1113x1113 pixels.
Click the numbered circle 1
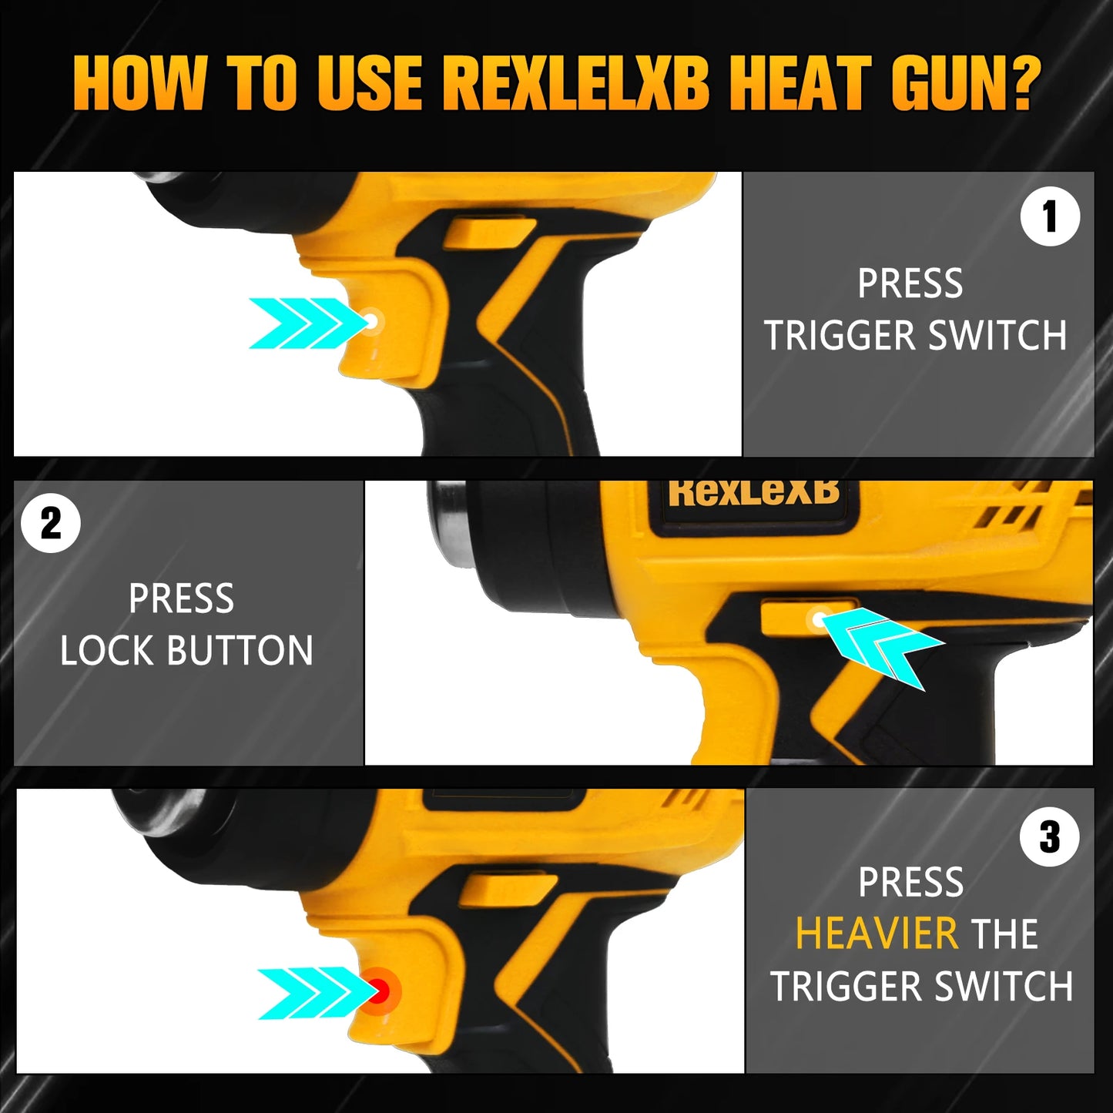(x=1050, y=216)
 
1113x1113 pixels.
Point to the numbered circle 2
(x=51, y=523)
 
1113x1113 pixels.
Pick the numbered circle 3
(x=1050, y=837)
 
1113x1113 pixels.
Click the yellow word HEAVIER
(x=877, y=934)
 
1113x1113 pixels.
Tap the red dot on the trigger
(x=378, y=991)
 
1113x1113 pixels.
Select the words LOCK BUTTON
(x=186, y=650)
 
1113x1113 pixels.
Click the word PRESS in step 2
(x=181, y=598)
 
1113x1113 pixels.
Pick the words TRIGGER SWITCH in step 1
(x=915, y=336)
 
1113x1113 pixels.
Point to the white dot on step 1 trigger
(x=372, y=321)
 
